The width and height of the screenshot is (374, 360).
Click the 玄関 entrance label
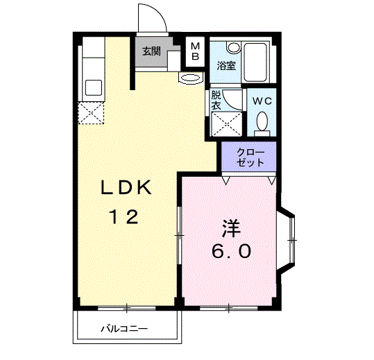[x=152, y=51]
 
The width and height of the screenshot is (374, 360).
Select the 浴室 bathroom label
[x=226, y=67]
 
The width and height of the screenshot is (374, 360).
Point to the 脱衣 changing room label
[x=216, y=100]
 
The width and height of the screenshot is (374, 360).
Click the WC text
[x=262, y=101]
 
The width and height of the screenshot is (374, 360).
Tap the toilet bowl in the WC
[x=262, y=123]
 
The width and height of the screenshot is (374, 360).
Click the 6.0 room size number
[x=231, y=252]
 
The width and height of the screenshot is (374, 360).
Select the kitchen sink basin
[x=93, y=88]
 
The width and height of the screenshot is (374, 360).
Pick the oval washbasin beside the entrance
[x=189, y=78]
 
